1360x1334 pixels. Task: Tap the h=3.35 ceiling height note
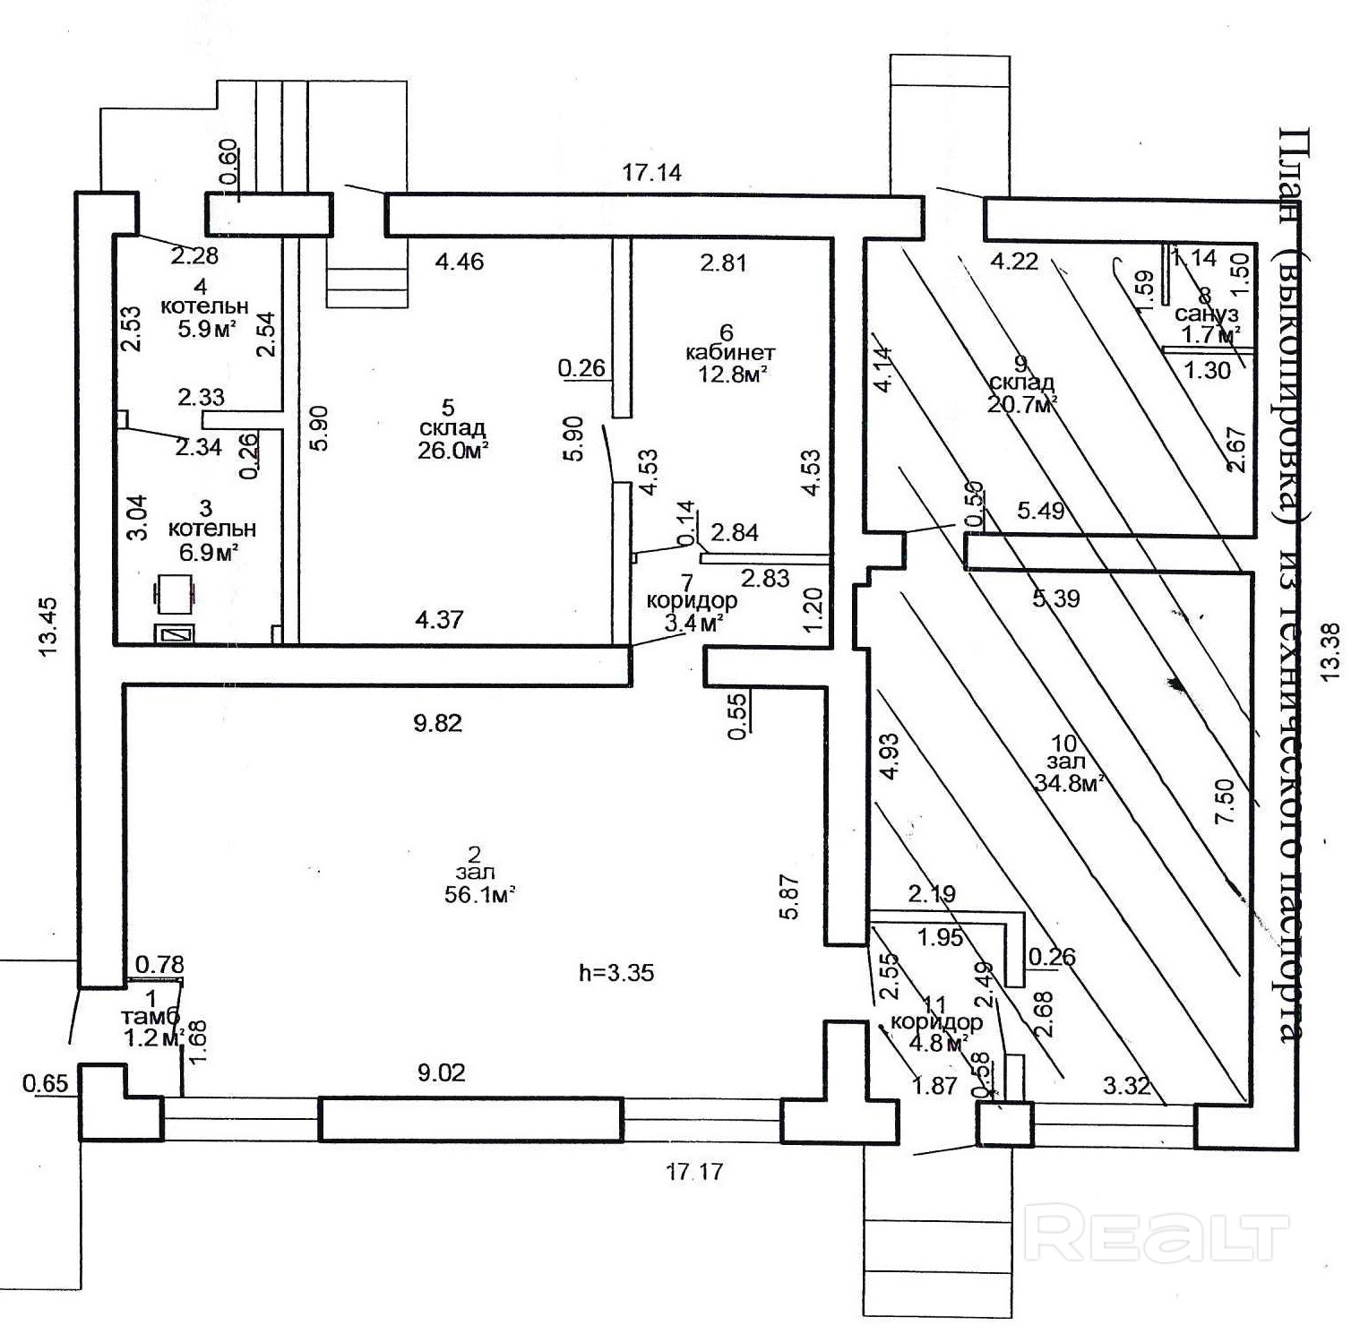click(x=618, y=972)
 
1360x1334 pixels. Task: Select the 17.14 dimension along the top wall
click(x=651, y=172)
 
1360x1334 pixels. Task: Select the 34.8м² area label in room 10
click(x=1067, y=783)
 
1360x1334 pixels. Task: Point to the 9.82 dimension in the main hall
click(x=437, y=723)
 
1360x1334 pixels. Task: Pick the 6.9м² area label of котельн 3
click(x=205, y=553)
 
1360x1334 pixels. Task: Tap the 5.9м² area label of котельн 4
click(x=207, y=328)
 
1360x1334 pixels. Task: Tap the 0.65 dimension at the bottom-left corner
click(x=45, y=1084)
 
